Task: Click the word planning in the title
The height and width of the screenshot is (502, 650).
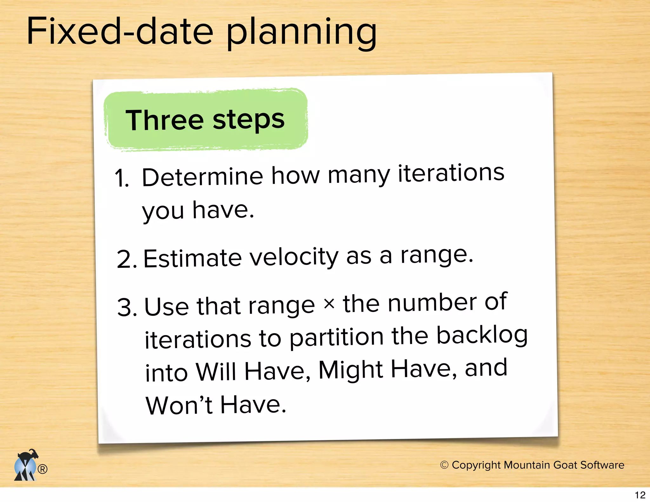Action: point(302,33)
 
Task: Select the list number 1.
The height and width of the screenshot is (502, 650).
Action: point(121,178)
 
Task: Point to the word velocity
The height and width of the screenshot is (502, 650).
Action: point(294,257)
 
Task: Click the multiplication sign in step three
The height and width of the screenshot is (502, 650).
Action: point(329,304)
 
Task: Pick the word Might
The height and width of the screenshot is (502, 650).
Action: point(351,370)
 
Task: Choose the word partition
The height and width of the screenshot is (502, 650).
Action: point(337,338)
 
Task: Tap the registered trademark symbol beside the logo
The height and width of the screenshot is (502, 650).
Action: point(43,469)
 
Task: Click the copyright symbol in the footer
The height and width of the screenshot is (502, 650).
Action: point(444,465)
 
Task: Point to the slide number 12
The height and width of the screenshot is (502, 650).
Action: point(640,495)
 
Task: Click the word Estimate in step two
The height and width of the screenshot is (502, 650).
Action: point(193,258)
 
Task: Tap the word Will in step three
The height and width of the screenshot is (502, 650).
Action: point(216,372)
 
